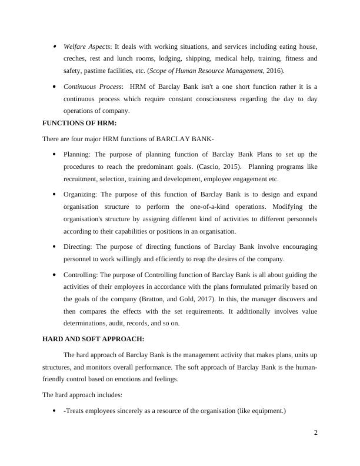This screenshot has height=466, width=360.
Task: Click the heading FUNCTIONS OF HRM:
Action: click(x=79, y=123)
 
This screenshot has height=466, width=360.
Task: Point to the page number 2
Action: click(x=316, y=433)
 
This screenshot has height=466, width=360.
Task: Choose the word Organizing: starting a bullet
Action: click(x=81, y=193)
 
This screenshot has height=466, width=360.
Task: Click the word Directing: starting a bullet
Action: click(x=78, y=247)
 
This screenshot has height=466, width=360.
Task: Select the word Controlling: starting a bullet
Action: click(x=81, y=274)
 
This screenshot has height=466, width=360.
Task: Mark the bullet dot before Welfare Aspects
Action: click(x=54, y=46)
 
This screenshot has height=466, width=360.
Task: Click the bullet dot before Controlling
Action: click(x=54, y=274)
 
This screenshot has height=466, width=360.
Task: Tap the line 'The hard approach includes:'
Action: click(x=82, y=395)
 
